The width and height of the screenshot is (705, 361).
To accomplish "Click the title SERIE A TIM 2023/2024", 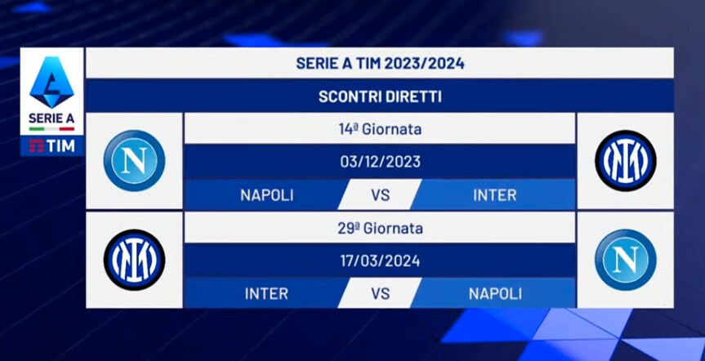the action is point(380,64).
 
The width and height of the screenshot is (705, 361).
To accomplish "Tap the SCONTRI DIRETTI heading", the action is point(380,96).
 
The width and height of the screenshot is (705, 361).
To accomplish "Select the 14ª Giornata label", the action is point(380,130).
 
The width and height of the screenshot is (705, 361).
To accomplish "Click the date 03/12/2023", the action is point(380,162).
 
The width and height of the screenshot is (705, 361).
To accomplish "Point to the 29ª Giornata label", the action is point(380,229).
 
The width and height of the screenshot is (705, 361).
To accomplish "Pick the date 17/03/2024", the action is point(380,261).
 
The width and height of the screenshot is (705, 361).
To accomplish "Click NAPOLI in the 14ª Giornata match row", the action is point(266,195).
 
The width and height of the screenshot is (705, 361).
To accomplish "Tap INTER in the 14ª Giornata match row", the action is point(495,195).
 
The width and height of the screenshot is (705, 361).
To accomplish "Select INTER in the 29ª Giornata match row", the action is point(266,294).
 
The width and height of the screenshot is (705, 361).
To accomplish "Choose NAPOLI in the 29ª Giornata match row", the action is point(495,294).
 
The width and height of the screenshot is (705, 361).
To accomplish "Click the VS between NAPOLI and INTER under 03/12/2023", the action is point(380,195).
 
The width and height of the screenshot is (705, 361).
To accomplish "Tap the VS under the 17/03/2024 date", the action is point(380,294).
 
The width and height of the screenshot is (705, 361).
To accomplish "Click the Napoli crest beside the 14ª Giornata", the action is point(135,161).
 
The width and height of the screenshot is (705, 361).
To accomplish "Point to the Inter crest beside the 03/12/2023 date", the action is point(626,161).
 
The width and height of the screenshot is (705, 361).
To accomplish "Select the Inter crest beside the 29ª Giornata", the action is point(135,260).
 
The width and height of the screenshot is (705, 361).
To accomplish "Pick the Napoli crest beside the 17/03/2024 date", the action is point(626,260).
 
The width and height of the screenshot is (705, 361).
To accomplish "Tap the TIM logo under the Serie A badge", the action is point(51,146).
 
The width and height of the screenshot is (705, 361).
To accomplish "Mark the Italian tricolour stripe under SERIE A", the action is point(51,128).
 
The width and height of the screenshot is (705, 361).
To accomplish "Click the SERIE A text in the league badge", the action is point(51,118).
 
